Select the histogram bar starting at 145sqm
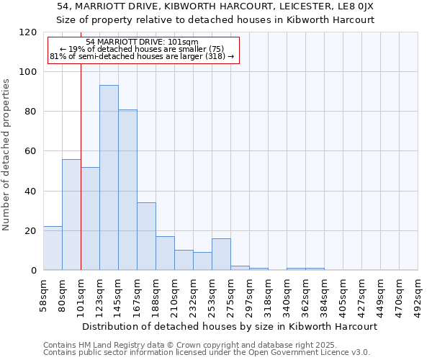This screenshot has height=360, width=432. (x=127, y=190)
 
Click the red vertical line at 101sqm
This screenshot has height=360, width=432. (x=81, y=180)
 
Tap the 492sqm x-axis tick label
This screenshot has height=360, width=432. (x=418, y=294)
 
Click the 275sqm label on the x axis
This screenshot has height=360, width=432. (x=231, y=294)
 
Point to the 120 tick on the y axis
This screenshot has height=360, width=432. (x=29, y=32)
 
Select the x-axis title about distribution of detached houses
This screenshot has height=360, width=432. (x=230, y=326)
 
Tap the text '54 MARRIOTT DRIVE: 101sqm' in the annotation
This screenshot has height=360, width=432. (x=142, y=42)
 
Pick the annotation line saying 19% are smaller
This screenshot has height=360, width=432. (x=142, y=49)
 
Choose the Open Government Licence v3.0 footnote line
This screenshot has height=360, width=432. (x=207, y=353)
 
